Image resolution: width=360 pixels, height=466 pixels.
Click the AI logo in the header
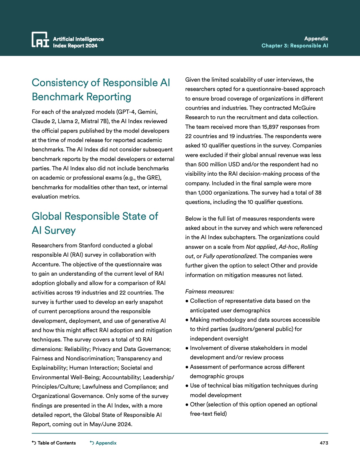pos(40,40)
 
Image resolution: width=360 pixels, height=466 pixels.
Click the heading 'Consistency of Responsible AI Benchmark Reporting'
pos(101,90)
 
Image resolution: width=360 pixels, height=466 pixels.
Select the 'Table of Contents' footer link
pos(54,443)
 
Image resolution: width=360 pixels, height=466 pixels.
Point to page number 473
pos(324,443)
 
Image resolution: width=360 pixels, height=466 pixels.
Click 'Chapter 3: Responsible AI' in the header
pos(294,46)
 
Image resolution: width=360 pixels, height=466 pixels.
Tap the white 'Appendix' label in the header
pos(316,38)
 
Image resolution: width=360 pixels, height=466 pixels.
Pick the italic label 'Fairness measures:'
pos(210,291)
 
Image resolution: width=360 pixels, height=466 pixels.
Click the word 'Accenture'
pos(46,264)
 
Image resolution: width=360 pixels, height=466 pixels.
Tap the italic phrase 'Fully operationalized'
pos(230,256)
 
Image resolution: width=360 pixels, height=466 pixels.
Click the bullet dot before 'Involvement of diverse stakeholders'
pos(187,348)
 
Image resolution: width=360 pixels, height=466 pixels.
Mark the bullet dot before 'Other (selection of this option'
pos(187,405)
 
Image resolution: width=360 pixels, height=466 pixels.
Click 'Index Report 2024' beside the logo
pos(75,46)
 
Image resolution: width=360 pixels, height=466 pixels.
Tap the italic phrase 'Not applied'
pos(261,247)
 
